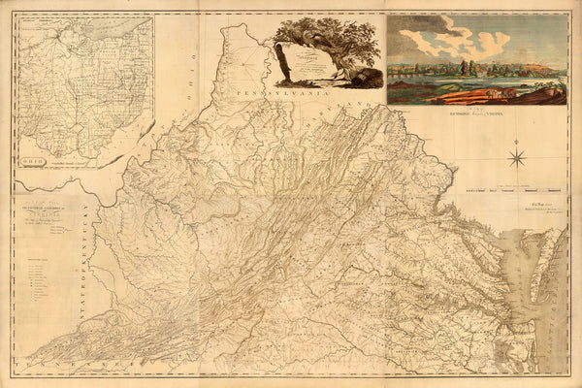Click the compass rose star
click(x=517, y=156)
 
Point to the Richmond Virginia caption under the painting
click(x=476, y=115)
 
